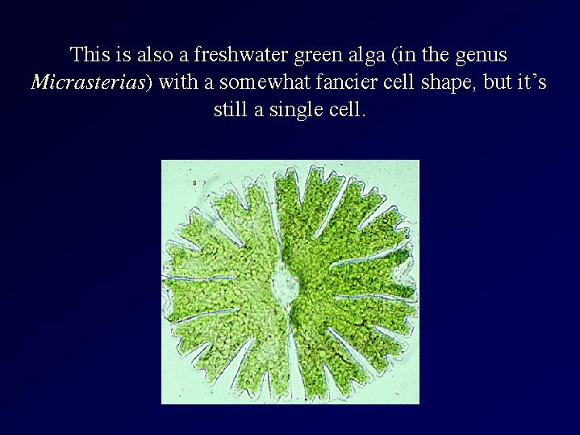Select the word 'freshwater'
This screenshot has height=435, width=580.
[241, 54]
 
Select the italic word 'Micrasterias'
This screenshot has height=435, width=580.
[88, 82]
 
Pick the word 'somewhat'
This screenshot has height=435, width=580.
[265, 82]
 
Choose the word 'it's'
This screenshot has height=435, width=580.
[530, 82]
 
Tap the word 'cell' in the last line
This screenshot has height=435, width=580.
[347, 110]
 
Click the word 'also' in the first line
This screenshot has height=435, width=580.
[155, 54]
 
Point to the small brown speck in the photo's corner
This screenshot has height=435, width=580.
[194, 183]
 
